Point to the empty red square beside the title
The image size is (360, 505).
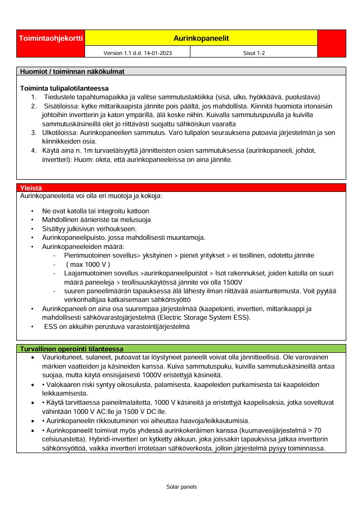pos(331,43)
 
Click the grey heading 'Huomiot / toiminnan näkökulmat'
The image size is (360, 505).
pos(71,71)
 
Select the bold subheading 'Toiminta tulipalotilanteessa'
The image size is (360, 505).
pos(64,89)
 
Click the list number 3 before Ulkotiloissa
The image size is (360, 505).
pos(33,132)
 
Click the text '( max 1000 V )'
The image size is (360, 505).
pos(88,264)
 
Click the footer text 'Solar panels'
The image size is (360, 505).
pos(181,487)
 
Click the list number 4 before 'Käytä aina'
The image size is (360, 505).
pos(33,150)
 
